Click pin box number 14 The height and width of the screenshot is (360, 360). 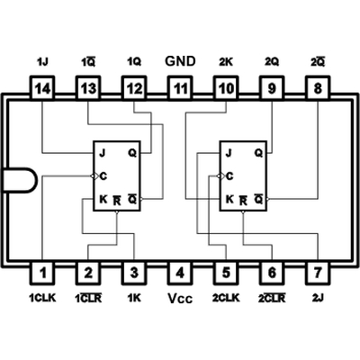point(42,88)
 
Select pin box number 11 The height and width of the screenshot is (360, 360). point(180,88)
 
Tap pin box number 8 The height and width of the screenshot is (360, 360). point(318,88)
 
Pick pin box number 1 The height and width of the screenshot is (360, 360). point(42,273)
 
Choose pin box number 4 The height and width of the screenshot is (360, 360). point(180,273)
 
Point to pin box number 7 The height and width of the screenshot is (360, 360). point(318,273)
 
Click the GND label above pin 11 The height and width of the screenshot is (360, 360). point(180,61)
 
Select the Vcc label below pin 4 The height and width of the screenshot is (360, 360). point(180,299)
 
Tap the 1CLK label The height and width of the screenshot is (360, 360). point(42,298)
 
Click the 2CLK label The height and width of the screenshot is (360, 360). point(226,298)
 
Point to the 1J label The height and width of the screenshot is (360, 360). point(42,62)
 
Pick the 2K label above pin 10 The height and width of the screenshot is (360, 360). point(226,62)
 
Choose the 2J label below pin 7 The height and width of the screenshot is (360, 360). point(318,298)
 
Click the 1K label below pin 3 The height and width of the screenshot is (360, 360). point(134,298)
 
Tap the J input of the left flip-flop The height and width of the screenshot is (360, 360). point(103,153)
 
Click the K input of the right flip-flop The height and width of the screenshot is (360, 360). point(229,199)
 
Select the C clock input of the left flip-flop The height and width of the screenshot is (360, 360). point(103,176)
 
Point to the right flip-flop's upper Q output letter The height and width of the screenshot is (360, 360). point(258,153)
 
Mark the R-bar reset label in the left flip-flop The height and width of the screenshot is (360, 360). point(117,201)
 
